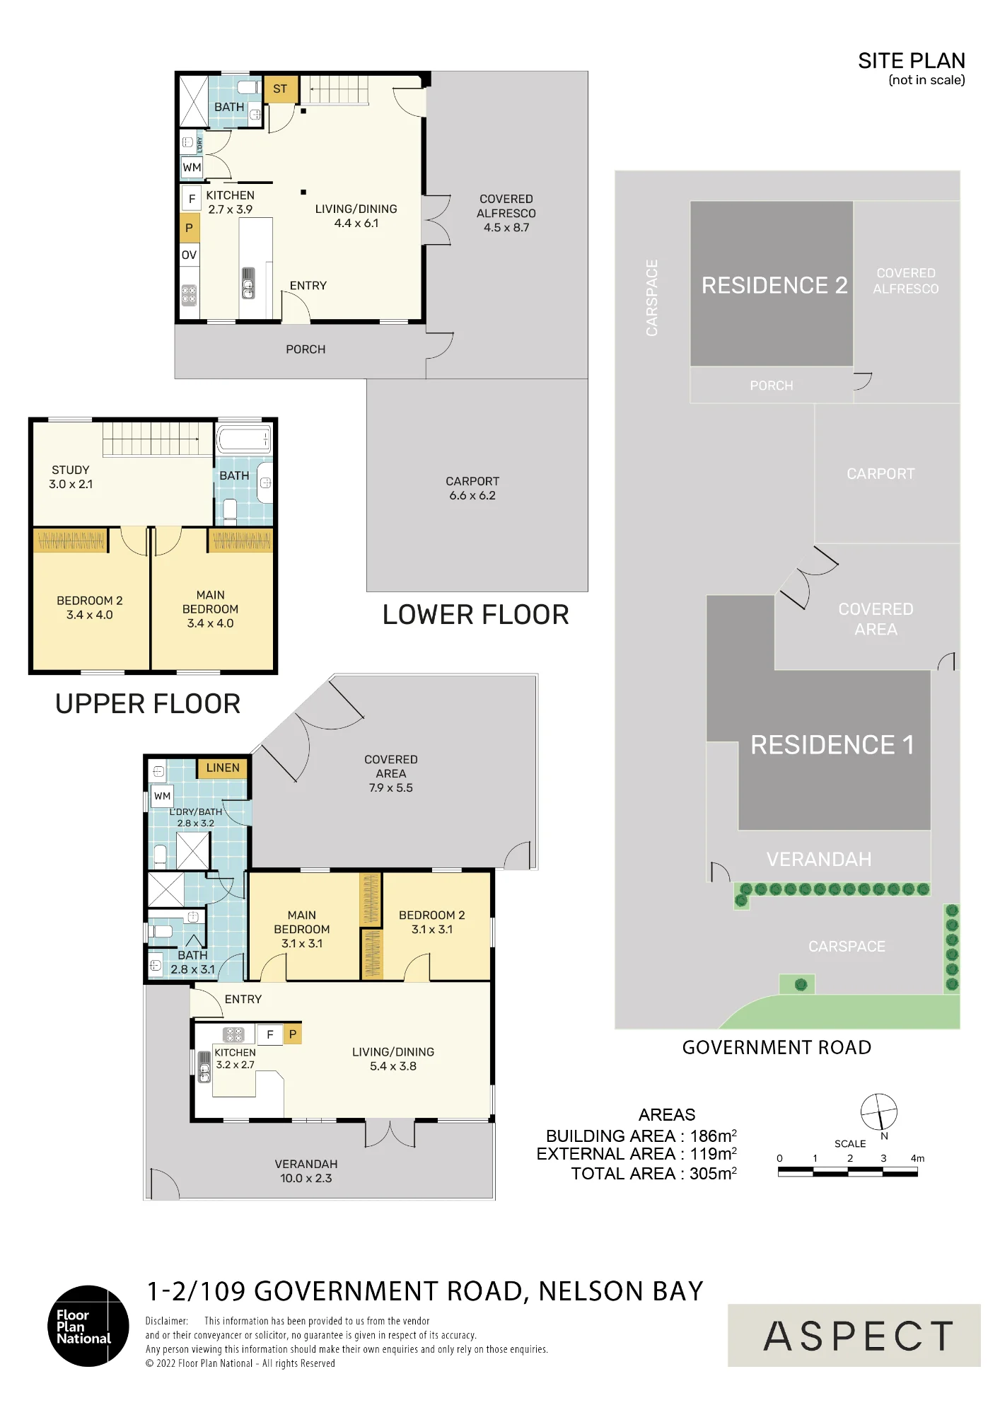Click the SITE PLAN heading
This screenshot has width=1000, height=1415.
point(911,61)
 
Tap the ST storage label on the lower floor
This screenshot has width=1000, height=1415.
point(280,89)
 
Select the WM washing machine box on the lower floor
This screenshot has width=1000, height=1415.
point(192,168)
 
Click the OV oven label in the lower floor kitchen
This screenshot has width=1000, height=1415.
point(189,255)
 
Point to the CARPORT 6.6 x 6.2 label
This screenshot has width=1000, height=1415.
point(472,488)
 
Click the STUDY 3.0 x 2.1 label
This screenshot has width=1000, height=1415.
point(71,477)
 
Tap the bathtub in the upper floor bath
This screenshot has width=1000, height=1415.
point(243,439)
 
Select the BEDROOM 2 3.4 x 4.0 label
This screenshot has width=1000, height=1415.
point(90,608)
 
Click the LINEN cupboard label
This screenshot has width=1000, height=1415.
point(223,768)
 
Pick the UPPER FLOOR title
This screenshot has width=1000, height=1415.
point(148,704)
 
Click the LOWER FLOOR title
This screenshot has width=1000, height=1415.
point(476,615)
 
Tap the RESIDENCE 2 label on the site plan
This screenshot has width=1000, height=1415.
point(774,285)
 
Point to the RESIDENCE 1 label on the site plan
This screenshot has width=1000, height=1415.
point(832,745)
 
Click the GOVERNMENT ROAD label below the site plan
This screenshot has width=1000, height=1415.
point(777,1048)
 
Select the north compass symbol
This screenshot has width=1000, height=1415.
point(879,1112)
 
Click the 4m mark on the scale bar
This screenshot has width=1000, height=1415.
point(917,1158)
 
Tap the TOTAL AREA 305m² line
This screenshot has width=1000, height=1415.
point(654,1174)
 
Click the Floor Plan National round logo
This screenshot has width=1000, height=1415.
point(88,1326)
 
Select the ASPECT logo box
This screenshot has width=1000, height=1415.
point(854,1335)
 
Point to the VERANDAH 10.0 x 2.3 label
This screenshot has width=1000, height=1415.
point(306,1171)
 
